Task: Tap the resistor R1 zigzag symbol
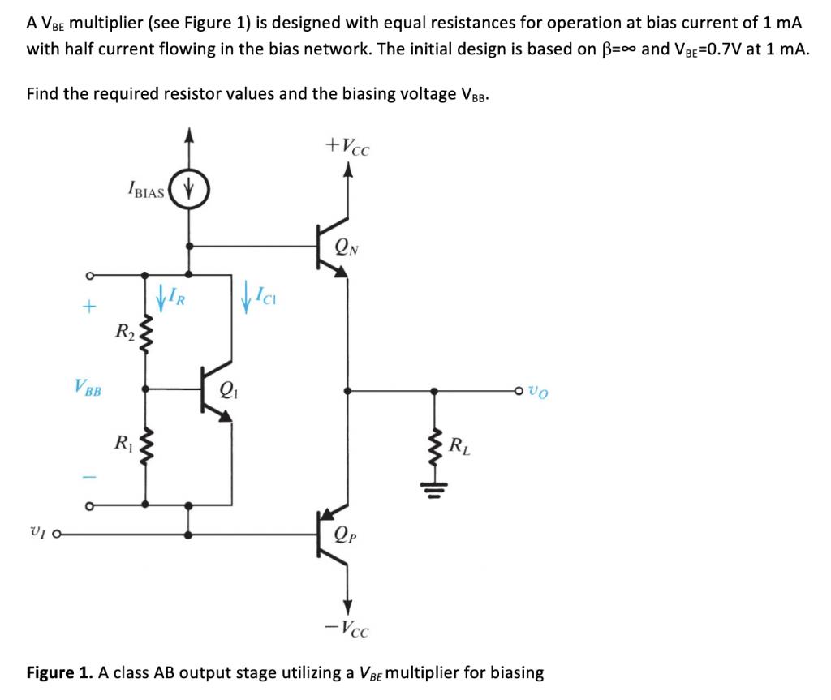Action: point(146,446)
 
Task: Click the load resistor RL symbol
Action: point(436,444)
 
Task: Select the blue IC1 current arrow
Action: point(247,295)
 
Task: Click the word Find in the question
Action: point(42,93)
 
